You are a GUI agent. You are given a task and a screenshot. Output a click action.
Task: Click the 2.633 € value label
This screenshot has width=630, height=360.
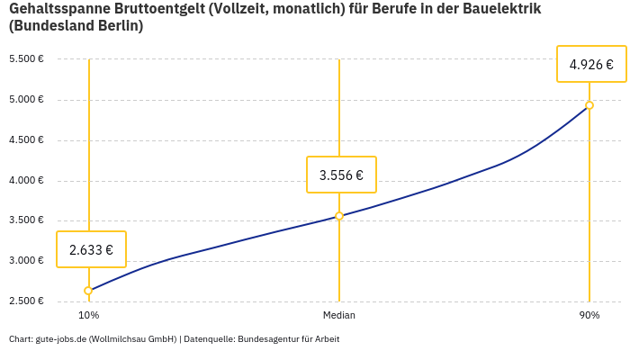pos(91,249)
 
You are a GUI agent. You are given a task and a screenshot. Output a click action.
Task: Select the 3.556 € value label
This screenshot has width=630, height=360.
pos(341,175)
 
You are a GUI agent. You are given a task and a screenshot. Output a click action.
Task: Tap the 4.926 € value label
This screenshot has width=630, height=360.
pos(591,64)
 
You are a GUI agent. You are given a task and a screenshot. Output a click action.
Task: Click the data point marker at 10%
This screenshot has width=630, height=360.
pos(88,291)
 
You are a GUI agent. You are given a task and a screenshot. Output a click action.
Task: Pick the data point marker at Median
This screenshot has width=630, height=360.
pos(339,216)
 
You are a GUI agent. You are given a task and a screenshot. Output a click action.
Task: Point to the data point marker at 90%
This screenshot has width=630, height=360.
pos(589,105)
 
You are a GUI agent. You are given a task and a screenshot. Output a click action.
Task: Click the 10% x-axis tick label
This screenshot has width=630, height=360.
pos(88,316)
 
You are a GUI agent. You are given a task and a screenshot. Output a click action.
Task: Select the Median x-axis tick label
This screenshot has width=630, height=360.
pos(339,316)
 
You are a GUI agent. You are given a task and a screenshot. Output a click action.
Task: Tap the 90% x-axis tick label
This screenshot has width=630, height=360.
pos(589,316)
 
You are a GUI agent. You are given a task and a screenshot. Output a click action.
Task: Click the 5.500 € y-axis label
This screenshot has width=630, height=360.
pos(26,59)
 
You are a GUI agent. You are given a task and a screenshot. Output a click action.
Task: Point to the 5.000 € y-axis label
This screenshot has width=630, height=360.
pos(26,100)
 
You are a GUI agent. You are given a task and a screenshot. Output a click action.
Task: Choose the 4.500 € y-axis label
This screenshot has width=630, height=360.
pos(26,140)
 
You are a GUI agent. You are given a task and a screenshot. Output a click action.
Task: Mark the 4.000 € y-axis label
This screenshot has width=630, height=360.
pos(26,181)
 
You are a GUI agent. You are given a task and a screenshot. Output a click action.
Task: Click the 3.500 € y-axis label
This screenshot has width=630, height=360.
pos(26,220)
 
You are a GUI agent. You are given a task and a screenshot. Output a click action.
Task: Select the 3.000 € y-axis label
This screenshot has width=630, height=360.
pos(26,261)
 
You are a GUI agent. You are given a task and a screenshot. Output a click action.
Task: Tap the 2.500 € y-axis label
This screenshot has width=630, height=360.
pos(26,301)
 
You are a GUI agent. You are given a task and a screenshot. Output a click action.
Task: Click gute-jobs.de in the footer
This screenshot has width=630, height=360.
pos(60,339)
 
